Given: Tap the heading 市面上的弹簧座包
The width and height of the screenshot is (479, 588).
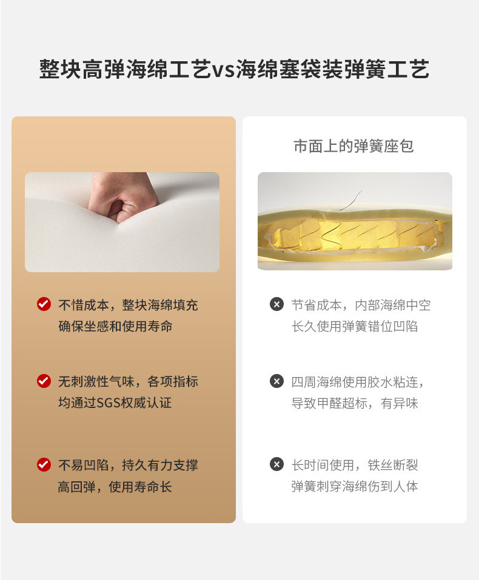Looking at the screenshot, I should coord(353,146).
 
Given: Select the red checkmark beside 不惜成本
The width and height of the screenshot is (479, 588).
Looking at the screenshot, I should coord(44,304).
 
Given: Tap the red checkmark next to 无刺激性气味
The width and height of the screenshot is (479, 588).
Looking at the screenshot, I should coord(44,381).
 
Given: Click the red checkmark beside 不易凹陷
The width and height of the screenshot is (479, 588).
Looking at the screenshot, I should coord(44,465).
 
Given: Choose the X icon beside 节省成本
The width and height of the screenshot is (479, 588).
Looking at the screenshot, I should coord(276,304).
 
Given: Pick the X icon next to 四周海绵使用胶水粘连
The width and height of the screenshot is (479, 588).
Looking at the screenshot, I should coord(276,381).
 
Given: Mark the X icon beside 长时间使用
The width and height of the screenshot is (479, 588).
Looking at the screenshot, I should coord(276,465).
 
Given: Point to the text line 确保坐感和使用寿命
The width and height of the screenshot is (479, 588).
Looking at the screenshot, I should coord(115,326).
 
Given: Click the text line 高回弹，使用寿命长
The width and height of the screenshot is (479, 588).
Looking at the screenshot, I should coord(115,487).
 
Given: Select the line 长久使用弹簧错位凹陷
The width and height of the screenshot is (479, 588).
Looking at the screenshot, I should coord(355,326).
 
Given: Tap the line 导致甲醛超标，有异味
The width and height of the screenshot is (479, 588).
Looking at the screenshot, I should coord(355,403).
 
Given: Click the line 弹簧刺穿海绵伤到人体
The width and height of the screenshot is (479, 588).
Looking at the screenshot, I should coord(355,486).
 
